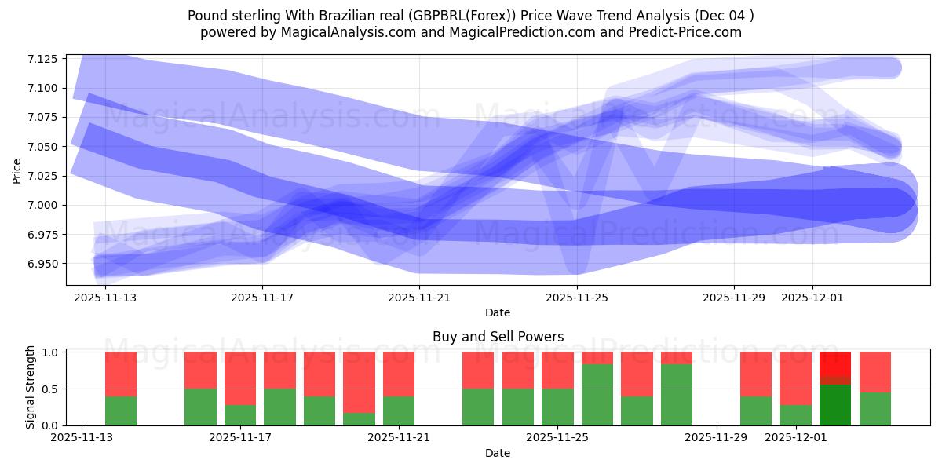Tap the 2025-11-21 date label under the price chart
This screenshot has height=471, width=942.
[x=419, y=298]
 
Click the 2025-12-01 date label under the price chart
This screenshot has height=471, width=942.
[x=812, y=298]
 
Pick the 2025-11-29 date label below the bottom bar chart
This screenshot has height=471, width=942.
[x=717, y=438]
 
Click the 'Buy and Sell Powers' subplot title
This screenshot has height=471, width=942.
[x=498, y=337]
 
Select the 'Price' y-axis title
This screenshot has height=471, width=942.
[x=17, y=170]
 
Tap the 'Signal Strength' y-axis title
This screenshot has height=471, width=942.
[x=30, y=387]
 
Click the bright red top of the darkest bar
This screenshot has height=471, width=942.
[x=835, y=363]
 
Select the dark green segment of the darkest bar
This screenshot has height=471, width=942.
[x=835, y=405]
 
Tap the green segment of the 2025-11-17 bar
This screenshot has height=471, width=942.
[x=279, y=407]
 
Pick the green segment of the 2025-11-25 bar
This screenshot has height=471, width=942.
[x=557, y=407]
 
